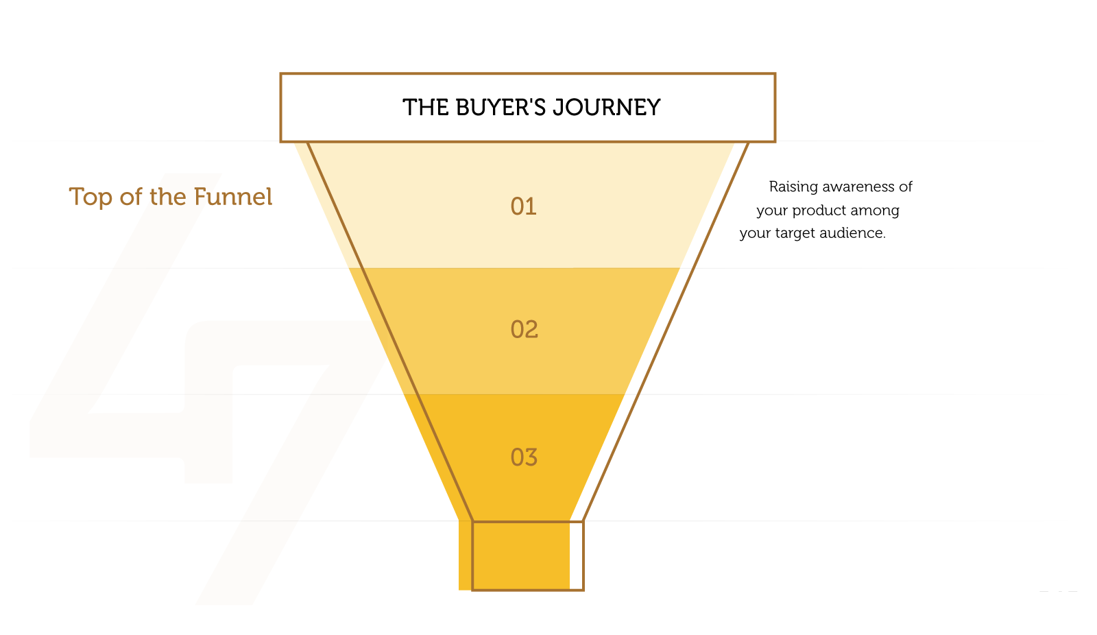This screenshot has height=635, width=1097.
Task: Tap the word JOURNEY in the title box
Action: (x=606, y=108)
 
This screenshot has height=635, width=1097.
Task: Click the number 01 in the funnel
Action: (x=524, y=206)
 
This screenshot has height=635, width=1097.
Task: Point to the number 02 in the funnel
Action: (x=524, y=329)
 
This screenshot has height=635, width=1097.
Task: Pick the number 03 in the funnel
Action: (x=524, y=457)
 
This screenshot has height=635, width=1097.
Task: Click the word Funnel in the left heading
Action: (x=232, y=197)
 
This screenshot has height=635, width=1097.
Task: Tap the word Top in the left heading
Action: (x=91, y=197)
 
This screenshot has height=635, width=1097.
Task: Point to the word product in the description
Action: (x=819, y=211)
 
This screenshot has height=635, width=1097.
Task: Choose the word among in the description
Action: (x=875, y=211)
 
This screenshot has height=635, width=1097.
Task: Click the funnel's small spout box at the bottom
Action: (x=528, y=555)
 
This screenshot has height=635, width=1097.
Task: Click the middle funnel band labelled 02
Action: (x=514, y=331)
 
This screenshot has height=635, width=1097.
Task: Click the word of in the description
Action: (x=906, y=187)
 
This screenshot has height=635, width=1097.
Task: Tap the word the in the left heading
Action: (x=168, y=197)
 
